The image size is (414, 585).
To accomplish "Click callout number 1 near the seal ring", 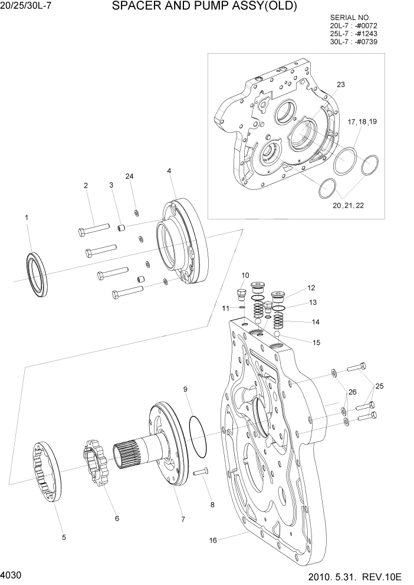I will (27, 218).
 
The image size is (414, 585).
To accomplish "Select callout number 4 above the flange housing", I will (169, 171).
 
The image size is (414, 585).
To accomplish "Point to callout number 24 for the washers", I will (129, 176).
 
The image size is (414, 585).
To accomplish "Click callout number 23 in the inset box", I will (341, 85).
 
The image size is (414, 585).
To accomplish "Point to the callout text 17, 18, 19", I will (362, 121).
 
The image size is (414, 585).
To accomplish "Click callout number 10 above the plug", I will (245, 275).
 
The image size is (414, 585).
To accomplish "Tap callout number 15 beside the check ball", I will (317, 341).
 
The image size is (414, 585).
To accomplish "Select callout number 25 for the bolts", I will (379, 386).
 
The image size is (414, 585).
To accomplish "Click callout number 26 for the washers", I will (352, 392).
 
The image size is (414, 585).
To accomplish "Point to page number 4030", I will (12, 574).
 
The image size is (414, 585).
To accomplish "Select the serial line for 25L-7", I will (354, 34).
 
